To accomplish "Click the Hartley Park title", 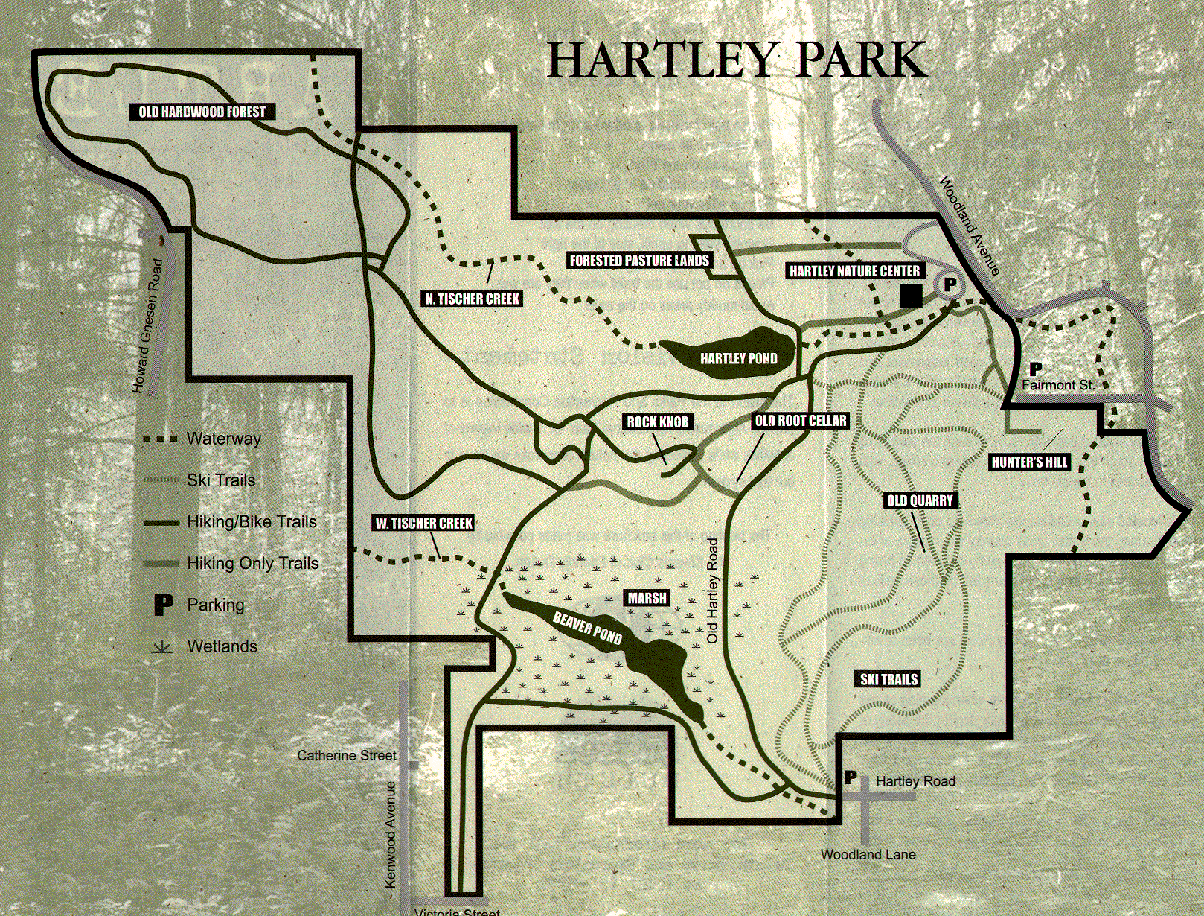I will pyautogui.click(x=737, y=60).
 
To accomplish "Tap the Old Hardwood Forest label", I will pyautogui.click(x=202, y=112).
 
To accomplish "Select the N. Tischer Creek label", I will pyautogui.click(x=473, y=299).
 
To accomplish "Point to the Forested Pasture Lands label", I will pyautogui.click(x=639, y=260).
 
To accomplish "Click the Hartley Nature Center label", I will pyautogui.click(x=854, y=271).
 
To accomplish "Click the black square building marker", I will pyautogui.click(x=911, y=296).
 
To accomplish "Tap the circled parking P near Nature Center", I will pyautogui.click(x=950, y=284).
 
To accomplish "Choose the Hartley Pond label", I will pyautogui.click(x=738, y=358).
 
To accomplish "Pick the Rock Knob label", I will pyautogui.click(x=658, y=422).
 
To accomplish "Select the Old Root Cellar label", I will pyautogui.click(x=801, y=421).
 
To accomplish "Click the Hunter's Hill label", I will pyautogui.click(x=1029, y=462).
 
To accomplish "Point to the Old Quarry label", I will pyautogui.click(x=920, y=500).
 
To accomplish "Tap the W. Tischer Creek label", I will pyautogui.click(x=423, y=523).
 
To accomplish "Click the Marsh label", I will pyautogui.click(x=647, y=598).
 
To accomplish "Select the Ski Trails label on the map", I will pyautogui.click(x=888, y=679).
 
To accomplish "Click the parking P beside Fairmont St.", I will pyautogui.click(x=1035, y=369).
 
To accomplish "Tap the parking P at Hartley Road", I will pyautogui.click(x=851, y=778).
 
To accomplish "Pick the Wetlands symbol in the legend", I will pyautogui.click(x=162, y=646).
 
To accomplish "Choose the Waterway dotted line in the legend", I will pyautogui.click(x=161, y=439).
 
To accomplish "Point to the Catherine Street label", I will pyautogui.click(x=347, y=755).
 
